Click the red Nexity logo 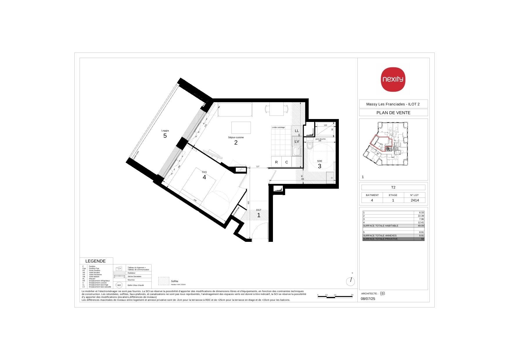(393, 79)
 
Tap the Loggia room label (165, 131)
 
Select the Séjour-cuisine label (236, 137)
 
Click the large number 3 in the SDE (320, 166)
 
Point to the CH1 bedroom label (204, 172)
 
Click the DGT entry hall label (258, 210)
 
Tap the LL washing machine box (297, 131)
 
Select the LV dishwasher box (297, 142)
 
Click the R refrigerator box (276, 162)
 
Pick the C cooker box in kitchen (287, 162)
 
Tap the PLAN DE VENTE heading (393, 113)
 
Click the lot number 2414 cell (414, 200)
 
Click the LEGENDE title (95, 261)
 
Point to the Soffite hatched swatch (163, 281)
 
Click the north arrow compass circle (351, 281)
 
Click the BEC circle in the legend (119, 285)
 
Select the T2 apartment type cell (393, 187)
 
